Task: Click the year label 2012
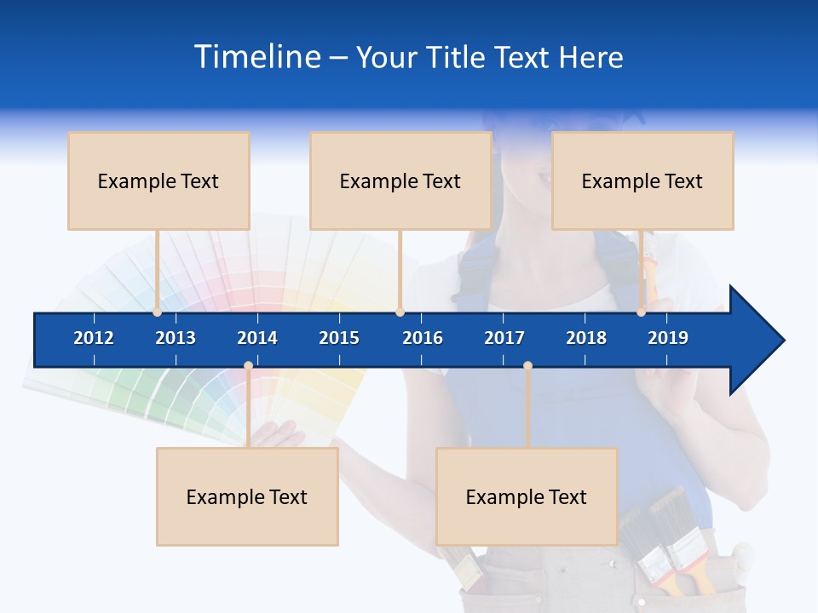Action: pos(94,338)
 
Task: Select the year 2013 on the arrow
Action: pos(176,338)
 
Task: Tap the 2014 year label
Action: pos(257,338)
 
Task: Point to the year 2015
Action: pos(339,338)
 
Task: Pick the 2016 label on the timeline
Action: pos(423,338)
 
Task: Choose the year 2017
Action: pos(504,338)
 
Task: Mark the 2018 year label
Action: pos(586,338)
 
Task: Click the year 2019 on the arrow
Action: pos(668,338)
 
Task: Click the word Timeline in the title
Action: pos(256,57)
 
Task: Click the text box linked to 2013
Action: pos(158,180)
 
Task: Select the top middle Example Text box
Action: pos(400,180)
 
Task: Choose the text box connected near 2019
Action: pos(642,180)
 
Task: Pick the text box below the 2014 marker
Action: pos(247,496)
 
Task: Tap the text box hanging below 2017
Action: pos(527,496)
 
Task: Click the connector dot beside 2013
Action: pos(157,312)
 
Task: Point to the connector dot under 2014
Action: pos(248,366)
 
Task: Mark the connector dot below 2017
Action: pos(527,366)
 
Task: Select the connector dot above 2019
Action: pos(641,312)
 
